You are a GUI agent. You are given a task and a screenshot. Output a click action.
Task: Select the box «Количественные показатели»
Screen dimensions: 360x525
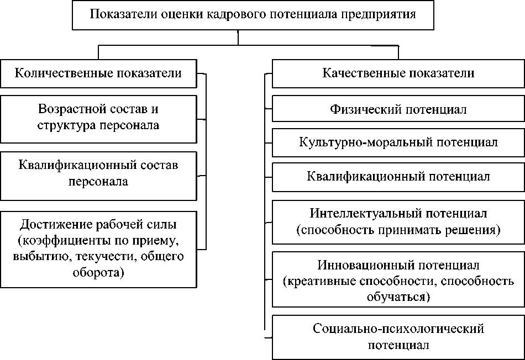[98, 74]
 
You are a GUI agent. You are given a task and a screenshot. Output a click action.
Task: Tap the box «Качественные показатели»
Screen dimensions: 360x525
[398, 74]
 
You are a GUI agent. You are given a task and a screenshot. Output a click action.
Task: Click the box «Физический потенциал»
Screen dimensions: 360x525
[398, 109]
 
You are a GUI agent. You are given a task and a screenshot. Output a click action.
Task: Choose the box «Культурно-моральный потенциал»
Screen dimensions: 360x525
[398, 142]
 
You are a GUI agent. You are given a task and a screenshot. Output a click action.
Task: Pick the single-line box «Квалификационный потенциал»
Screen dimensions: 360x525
[398, 177]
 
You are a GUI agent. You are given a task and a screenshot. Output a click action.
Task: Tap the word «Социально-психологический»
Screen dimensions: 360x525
[398, 329]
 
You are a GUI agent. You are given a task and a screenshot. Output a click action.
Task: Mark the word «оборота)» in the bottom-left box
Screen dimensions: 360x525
[98, 272]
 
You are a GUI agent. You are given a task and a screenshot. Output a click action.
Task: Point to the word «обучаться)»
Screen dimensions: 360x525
[398, 297]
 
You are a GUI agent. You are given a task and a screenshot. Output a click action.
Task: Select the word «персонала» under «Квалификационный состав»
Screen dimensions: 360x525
[98, 181]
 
